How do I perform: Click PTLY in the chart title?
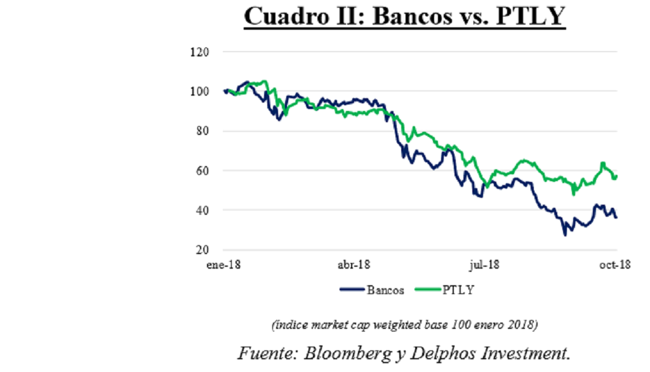coord(530,16)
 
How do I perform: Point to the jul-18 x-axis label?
coord(484,266)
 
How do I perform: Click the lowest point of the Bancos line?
coord(564,235)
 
